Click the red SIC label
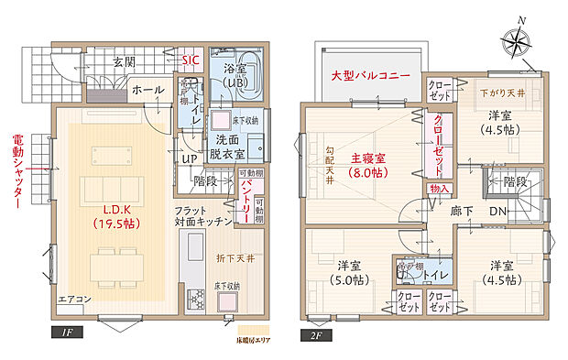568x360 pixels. (x=191, y=60)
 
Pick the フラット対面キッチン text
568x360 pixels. (x=202, y=216)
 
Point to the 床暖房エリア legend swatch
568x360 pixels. (x=243, y=327)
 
